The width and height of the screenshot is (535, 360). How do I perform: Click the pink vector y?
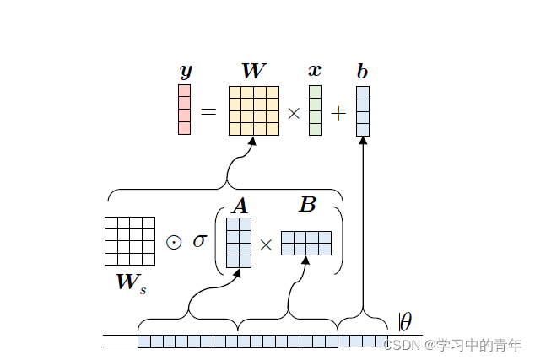click(x=184, y=110)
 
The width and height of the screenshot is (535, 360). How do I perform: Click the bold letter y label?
click(x=186, y=73)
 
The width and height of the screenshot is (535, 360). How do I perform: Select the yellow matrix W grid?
click(x=253, y=110)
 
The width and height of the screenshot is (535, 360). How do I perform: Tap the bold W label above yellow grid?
click(x=253, y=71)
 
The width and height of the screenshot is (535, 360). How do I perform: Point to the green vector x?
click(x=315, y=110)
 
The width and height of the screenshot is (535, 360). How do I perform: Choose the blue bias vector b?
click(x=363, y=110)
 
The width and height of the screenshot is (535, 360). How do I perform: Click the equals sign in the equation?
click(x=208, y=111)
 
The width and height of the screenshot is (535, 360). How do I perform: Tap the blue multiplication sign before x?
click(x=294, y=112)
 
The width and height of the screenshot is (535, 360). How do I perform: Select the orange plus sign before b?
click(x=338, y=112)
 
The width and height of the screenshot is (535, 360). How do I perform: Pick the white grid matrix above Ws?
click(x=129, y=241)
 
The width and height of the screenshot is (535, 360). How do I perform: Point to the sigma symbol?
click(x=199, y=241)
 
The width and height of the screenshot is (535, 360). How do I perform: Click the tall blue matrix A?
click(x=239, y=243)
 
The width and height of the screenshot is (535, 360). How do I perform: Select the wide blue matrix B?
click(x=305, y=243)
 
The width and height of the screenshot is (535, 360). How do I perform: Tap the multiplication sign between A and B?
click(x=266, y=244)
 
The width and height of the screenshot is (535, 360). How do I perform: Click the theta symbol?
click(x=405, y=322)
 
